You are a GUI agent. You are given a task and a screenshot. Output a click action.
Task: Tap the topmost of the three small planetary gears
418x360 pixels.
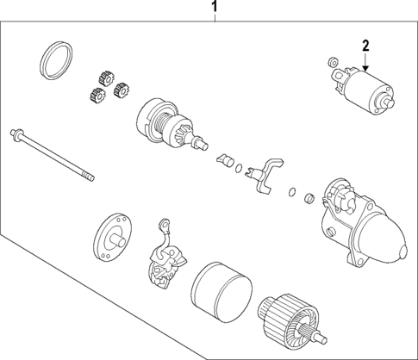[x=109, y=77]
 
